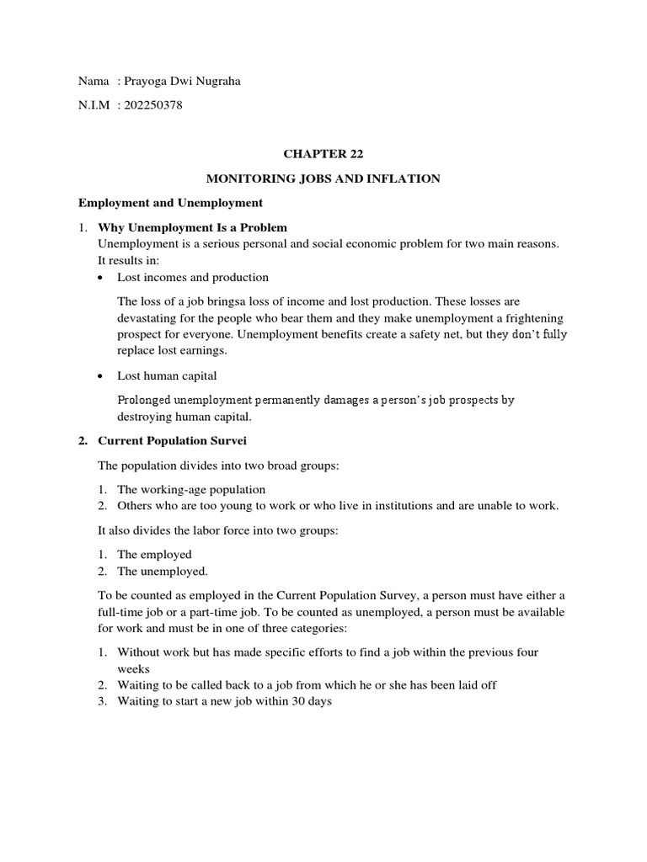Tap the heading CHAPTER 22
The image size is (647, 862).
click(324, 154)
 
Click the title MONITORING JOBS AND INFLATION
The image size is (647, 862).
click(324, 178)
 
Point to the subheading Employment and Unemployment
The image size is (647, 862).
click(170, 203)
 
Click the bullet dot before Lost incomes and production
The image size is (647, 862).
click(102, 278)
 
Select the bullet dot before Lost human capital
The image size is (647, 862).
click(102, 376)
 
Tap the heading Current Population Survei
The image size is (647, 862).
click(173, 440)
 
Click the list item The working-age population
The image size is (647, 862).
click(191, 489)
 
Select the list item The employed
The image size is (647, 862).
click(154, 554)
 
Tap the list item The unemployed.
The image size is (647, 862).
click(163, 571)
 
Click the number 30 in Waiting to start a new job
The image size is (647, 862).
click(297, 700)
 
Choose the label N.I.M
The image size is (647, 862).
click(94, 105)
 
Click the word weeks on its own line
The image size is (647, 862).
click(133, 668)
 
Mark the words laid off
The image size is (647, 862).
click(475, 684)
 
